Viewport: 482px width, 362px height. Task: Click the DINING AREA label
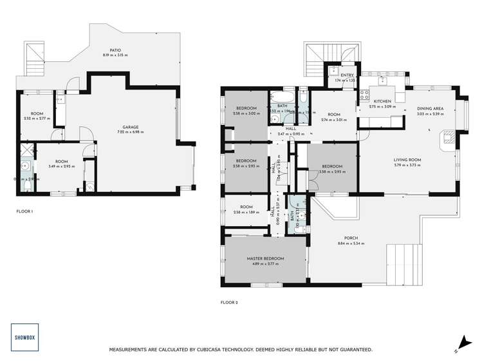pos(429,108)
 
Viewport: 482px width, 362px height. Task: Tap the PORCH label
pos(350,236)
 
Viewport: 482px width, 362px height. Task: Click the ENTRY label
pos(347,75)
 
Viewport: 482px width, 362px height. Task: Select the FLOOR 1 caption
pos(24,211)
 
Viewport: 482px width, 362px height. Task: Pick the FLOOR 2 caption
pos(229,302)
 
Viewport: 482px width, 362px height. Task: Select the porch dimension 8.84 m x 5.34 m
pos(350,243)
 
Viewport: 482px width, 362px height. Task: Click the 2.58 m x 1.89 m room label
pos(245,211)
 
